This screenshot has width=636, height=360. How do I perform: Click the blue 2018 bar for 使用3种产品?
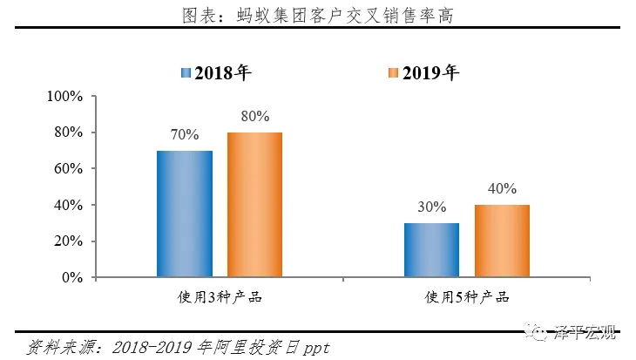tap(185, 214)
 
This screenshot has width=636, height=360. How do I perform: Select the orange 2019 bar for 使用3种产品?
tap(254, 205)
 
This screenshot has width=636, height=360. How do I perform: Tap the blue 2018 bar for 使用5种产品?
tap(431, 250)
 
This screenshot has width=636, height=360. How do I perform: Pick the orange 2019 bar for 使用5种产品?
tap(502, 241)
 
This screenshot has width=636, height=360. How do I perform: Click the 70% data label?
tap(185, 135)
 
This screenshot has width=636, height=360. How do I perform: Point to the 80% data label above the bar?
tap(254, 116)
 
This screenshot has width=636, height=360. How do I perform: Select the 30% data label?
tap(431, 207)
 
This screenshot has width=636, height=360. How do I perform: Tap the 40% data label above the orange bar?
tap(502, 188)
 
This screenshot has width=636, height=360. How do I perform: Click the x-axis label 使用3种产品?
tap(219, 298)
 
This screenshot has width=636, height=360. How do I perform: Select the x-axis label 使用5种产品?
tap(467, 298)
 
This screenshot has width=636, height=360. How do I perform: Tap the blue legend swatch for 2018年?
tap(186, 73)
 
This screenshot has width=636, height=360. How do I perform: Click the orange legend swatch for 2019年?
tap(392, 73)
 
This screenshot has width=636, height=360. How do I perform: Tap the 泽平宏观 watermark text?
tap(585, 332)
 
